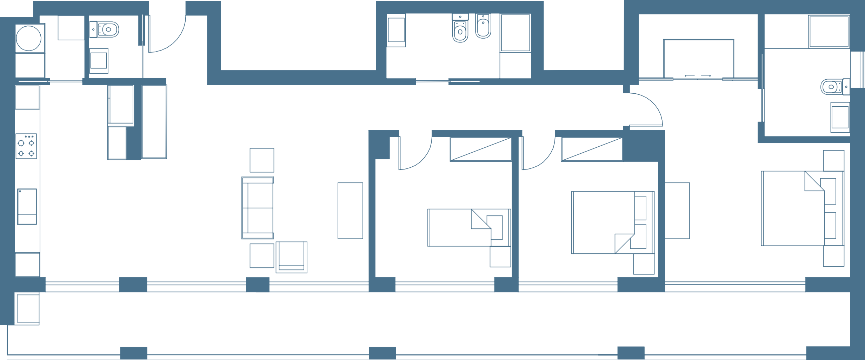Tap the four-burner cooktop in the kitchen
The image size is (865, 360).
[x=26, y=146]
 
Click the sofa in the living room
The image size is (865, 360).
[x=258, y=208]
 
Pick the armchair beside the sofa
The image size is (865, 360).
[x=291, y=257]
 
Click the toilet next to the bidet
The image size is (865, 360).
[x=460, y=29]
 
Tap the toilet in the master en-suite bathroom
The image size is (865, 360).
[x=834, y=86]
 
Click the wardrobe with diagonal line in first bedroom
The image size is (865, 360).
[x=480, y=150]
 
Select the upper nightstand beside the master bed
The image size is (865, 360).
[x=833, y=161]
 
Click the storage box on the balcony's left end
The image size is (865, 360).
[x=27, y=309]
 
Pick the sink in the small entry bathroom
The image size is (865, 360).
[x=99, y=61]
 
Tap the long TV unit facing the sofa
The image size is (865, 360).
[x=350, y=211]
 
